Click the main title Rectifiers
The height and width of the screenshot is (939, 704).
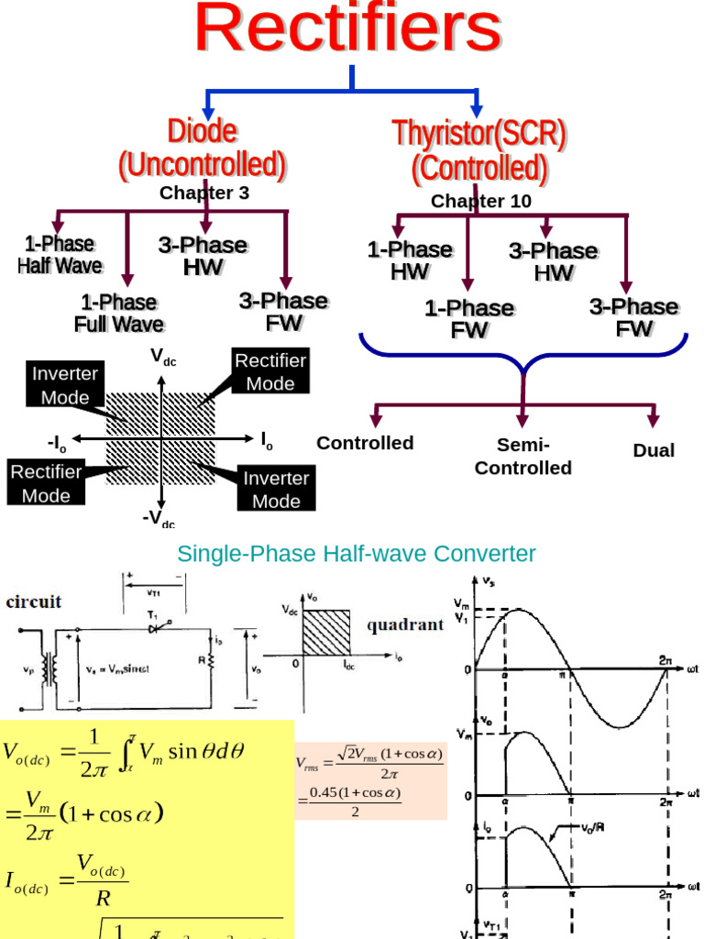tap(348, 29)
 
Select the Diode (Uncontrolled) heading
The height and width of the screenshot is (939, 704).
tap(202, 148)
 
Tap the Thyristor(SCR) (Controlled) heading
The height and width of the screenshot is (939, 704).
tap(479, 150)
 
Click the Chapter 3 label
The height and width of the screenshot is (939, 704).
tap(204, 193)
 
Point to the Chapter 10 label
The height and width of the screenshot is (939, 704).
tap(480, 201)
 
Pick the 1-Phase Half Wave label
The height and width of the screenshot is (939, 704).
tap(60, 255)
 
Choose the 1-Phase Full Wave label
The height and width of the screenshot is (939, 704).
tap(119, 313)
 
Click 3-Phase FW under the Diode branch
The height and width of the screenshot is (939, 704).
tap(283, 312)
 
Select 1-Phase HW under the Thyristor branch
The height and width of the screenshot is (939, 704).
tap(410, 260)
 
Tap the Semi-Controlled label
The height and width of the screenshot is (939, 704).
tap(522, 456)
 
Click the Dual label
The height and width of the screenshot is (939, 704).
tap(654, 450)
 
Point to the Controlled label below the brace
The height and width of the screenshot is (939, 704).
tap(365, 443)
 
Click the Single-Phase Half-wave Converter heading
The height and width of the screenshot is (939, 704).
tap(356, 554)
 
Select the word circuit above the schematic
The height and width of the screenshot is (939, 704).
tap(36, 602)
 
